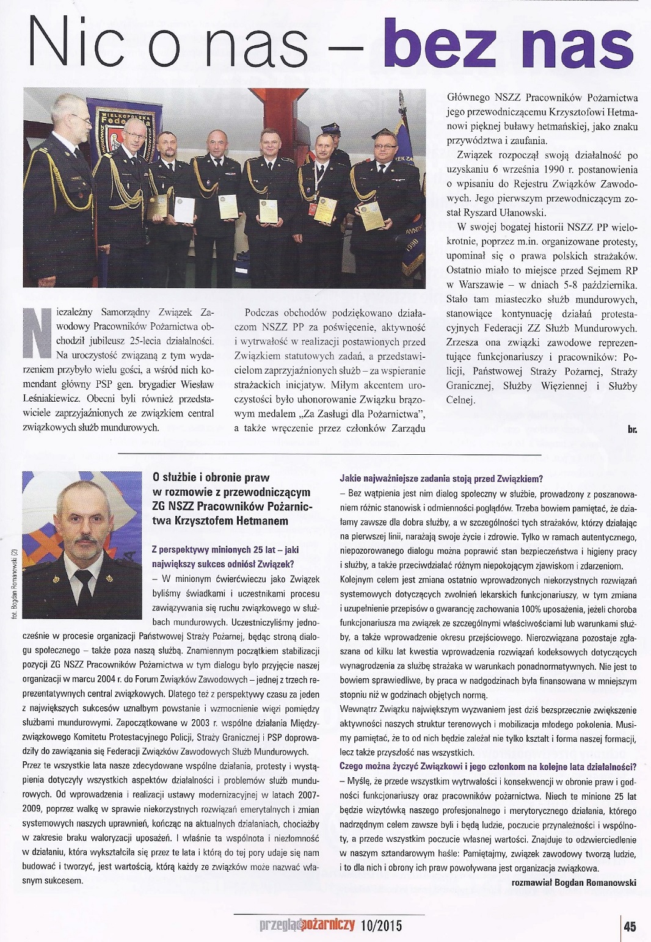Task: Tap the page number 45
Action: point(630,926)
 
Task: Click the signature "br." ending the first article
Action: point(632,430)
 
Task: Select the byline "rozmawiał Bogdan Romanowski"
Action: point(574,882)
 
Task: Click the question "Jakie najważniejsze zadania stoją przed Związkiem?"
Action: point(441,478)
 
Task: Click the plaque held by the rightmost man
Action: point(371,216)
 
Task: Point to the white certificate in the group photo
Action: point(184,209)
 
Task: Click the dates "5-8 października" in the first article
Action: point(598,285)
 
